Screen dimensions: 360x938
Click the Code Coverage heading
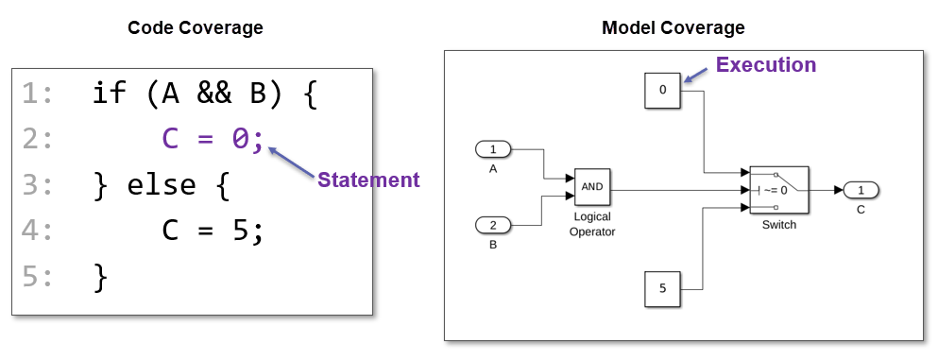tap(196, 28)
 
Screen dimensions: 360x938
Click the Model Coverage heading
tap(673, 28)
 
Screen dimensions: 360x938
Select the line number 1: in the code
tap(38, 93)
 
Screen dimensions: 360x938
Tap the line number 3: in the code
tap(38, 185)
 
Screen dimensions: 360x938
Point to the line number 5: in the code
tap(38, 278)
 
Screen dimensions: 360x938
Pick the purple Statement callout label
tap(367, 180)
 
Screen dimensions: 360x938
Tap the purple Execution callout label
tap(765, 65)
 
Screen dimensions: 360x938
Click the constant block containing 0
tap(662, 91)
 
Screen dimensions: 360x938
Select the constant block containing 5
tap(662, 288)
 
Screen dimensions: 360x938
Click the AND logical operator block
tap(592, 187)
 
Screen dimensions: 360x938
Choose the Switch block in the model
tap(778, 189)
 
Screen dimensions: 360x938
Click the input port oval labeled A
tap(492, 149)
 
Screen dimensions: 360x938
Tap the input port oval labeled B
tap(492, 225)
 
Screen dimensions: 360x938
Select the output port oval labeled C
tap(861, 189)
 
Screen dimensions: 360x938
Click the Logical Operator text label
tap(592, 224)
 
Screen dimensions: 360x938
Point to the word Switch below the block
tap(778, 225)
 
